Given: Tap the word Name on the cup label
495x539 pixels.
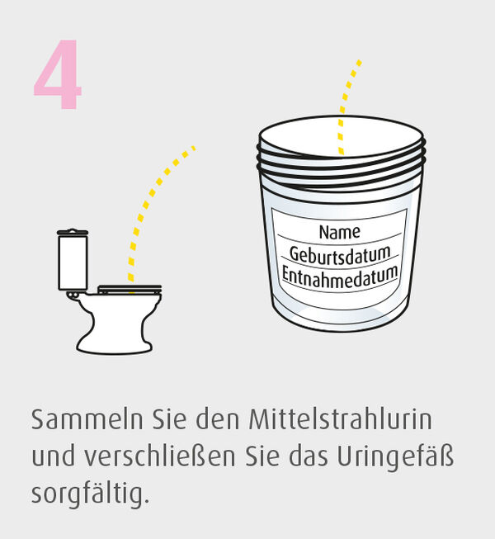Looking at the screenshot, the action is (340, 232).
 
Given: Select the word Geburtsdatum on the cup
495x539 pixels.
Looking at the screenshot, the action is (340, 255).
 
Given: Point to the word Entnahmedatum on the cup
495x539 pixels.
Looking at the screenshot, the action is (340, 277).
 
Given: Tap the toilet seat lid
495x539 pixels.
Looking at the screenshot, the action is (130, 289).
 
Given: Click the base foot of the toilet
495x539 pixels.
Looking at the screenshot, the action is (115, 346).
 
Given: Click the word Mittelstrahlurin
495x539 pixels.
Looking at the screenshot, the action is (341, 419).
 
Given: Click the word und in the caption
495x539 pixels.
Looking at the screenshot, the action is (54, 457).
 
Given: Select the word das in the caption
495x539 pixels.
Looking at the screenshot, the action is (308, 457).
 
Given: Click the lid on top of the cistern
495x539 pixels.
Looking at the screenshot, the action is (73, 232).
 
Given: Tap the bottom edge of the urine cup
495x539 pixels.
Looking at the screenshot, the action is (340, 331).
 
